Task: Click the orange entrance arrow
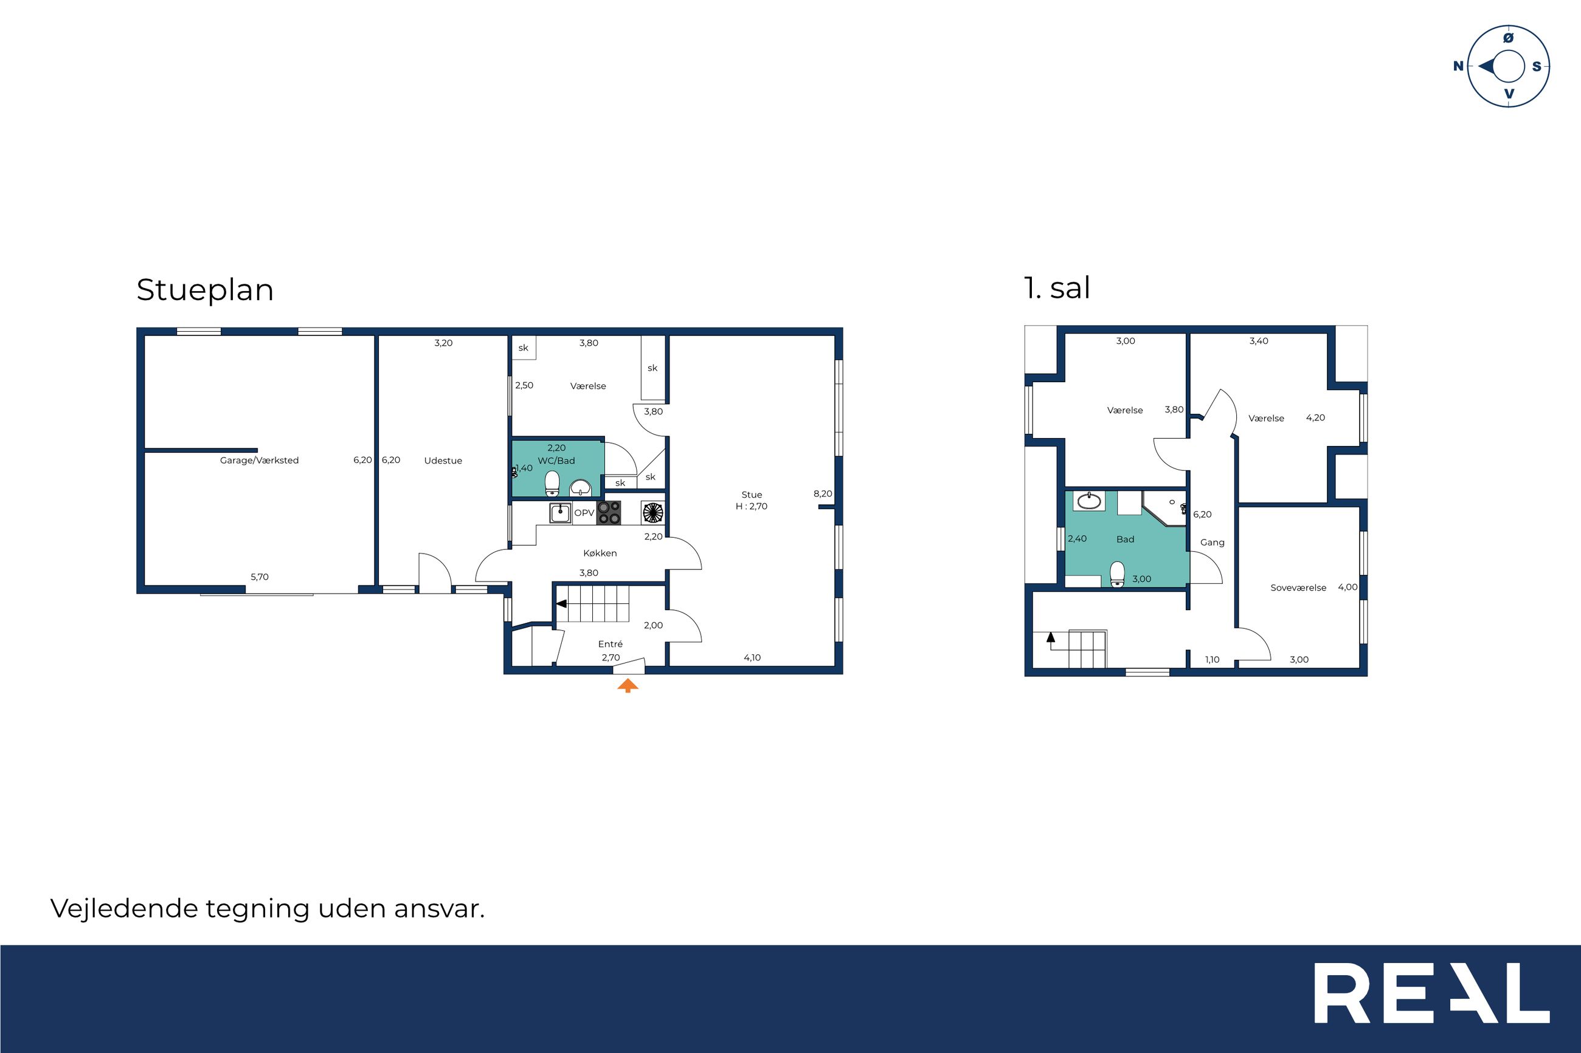628,685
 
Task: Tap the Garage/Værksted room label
260,461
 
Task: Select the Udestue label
443,461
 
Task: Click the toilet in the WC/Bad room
552,483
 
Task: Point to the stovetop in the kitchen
609,513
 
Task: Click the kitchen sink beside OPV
561,513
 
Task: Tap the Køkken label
600,554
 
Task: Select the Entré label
610,644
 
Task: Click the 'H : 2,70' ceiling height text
751,506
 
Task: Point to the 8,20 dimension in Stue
822,493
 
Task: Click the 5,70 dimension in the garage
260,577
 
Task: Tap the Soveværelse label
1298,588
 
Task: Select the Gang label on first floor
1212,543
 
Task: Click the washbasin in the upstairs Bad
1088,501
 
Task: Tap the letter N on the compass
1458,66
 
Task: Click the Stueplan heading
205,290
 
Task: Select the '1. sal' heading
1057,288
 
